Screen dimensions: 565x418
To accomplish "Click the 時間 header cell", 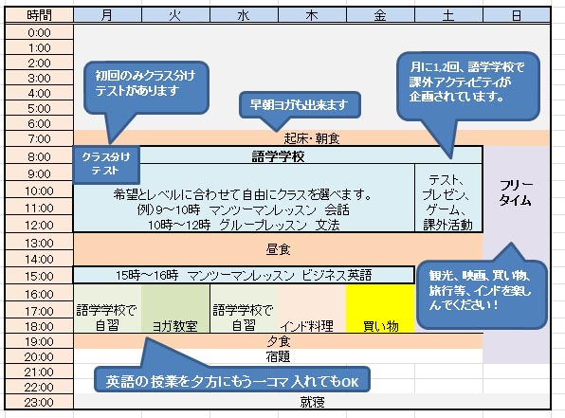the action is click(39, 15).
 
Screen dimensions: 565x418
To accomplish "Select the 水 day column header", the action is click(244, 15).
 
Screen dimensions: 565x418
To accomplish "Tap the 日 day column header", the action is click(517, 15).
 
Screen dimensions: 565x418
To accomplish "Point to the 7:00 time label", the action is click(39, 138).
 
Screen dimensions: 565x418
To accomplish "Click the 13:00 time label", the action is click(39, 243).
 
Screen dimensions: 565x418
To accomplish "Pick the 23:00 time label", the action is click(39, 402).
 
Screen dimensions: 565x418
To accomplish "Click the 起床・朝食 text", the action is click(312, 138).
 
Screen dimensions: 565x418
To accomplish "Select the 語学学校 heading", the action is click(278, 156).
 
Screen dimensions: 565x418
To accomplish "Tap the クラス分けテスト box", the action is click(106, 164).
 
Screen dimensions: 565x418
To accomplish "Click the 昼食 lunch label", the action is click(278, 249).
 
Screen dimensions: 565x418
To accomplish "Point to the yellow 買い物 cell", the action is click(380, 308).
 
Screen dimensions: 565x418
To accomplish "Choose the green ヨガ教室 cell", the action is click(175, 308).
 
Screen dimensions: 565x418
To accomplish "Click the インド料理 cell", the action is click(312, 308).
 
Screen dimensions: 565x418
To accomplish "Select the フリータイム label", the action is click(516, 192).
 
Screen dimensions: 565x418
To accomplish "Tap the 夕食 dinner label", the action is click(278, 341).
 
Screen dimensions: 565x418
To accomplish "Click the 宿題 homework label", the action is click(278, 356).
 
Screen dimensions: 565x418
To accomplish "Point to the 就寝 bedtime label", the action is click(312, 402).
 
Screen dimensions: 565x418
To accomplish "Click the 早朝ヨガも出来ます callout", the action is click(300, 105).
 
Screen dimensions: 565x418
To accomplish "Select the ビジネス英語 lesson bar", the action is click(244, 275).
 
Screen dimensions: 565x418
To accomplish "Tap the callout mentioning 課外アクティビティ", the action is click(468, 86).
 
